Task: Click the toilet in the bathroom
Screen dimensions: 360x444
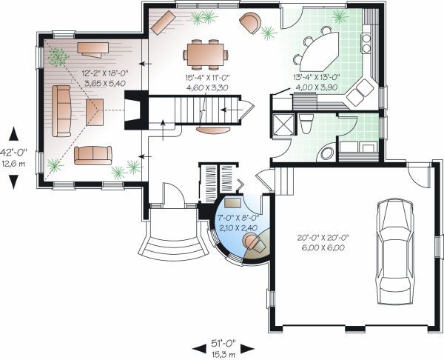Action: pos(305,121)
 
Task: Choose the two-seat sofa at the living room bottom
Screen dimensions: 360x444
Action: pos(92,154)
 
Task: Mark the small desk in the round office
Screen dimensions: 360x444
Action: pos(234,201)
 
